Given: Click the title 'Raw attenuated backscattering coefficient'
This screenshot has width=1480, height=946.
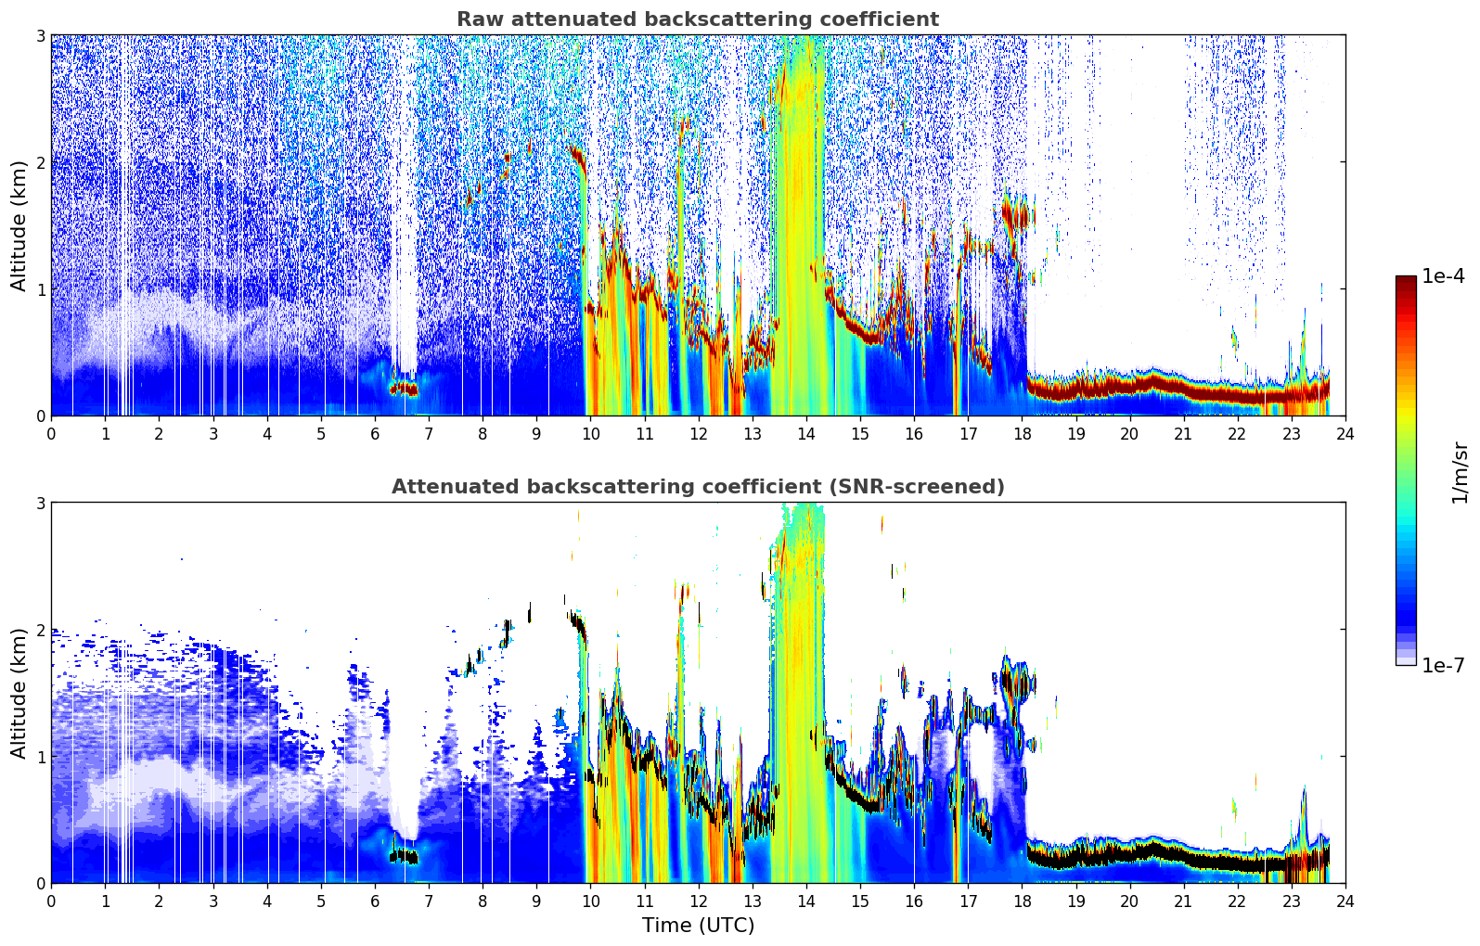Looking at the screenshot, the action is click(698, 19).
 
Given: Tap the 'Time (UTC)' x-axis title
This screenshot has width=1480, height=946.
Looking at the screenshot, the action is click(698, 926).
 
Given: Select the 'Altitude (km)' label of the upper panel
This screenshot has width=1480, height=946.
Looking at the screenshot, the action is click(18, 226).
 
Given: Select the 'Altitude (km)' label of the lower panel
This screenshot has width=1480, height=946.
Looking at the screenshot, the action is click(18, 693).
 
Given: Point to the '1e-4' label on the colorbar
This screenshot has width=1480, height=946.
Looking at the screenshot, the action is click(1444, 275).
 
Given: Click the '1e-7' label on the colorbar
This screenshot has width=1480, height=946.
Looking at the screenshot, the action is click(1444, 665).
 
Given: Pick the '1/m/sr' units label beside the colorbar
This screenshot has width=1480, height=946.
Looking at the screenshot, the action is click(1460, 473).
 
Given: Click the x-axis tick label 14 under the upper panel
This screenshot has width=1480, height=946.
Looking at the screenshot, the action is click(806, 434).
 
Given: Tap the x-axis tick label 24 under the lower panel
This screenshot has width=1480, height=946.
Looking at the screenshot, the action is click(1345, 901).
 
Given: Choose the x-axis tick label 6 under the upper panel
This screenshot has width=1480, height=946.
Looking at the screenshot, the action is click(375, 434).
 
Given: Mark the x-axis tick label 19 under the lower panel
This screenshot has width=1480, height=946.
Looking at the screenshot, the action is click(1075, 901).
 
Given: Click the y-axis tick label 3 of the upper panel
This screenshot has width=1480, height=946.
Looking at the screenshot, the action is click(40, 35).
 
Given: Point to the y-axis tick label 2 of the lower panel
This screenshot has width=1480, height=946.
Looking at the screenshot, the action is click(40, 630).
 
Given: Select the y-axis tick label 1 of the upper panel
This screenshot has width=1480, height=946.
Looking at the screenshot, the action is click(40, 289).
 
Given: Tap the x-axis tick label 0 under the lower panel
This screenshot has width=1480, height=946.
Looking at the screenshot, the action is click(52, 901).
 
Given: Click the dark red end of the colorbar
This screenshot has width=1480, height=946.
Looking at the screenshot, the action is click(1406, 280).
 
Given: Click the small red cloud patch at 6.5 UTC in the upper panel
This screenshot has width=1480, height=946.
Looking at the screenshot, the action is click(404, 390).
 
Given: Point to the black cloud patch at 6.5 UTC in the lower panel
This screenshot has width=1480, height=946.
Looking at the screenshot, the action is click(404, 857).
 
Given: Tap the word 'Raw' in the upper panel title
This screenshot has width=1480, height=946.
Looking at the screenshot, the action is click(481, 19).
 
